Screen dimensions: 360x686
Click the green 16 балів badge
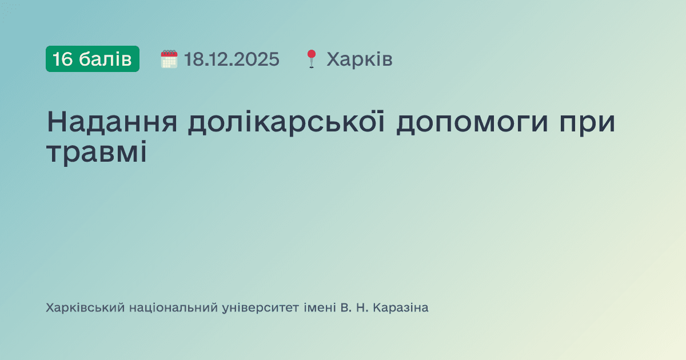coord(92,59)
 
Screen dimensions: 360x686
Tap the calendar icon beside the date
coord(169,59)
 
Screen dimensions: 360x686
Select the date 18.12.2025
coord(232,59)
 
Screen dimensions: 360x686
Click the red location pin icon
coord(311,59)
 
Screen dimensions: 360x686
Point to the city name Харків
coord(360,59)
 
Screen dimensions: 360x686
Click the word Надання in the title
coord(111,122)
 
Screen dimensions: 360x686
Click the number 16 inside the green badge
coord(62,59)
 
